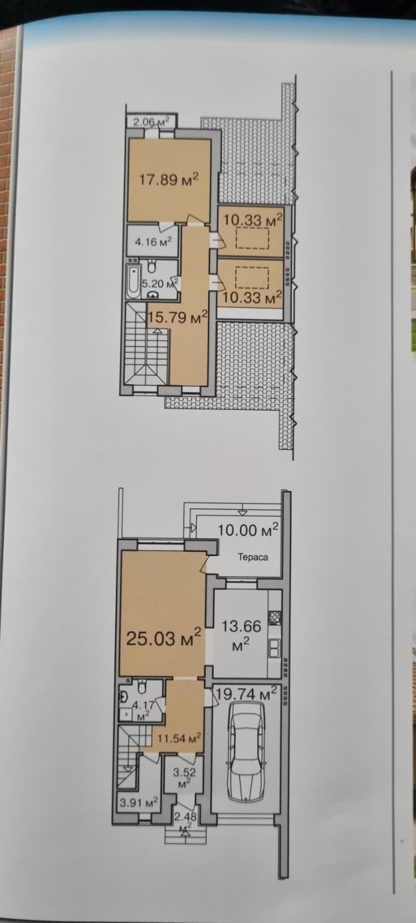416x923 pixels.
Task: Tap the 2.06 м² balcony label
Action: (x=152, y=121)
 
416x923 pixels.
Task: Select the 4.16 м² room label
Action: (x=153, y=241)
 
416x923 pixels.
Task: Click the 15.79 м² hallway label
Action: (x=177, y=318)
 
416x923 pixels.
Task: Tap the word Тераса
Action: (x=253, y=558)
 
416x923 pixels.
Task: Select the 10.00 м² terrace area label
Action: (x=248, y=530)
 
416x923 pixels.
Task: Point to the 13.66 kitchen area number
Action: (x=241, y=627)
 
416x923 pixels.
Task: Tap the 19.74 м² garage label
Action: (x=246, y=694)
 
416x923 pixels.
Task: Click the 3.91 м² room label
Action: (x=139, y=802)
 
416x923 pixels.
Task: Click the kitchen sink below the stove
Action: (x=275, y=648)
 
